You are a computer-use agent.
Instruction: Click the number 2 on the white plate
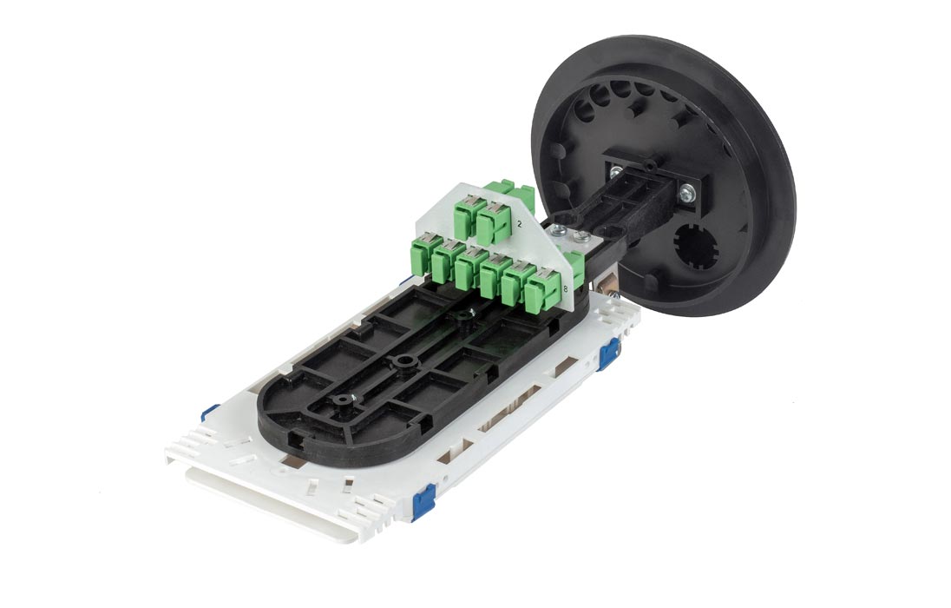(520, 224)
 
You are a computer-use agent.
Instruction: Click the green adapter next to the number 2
(495, 221)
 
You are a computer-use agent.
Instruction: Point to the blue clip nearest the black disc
(608, 354)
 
